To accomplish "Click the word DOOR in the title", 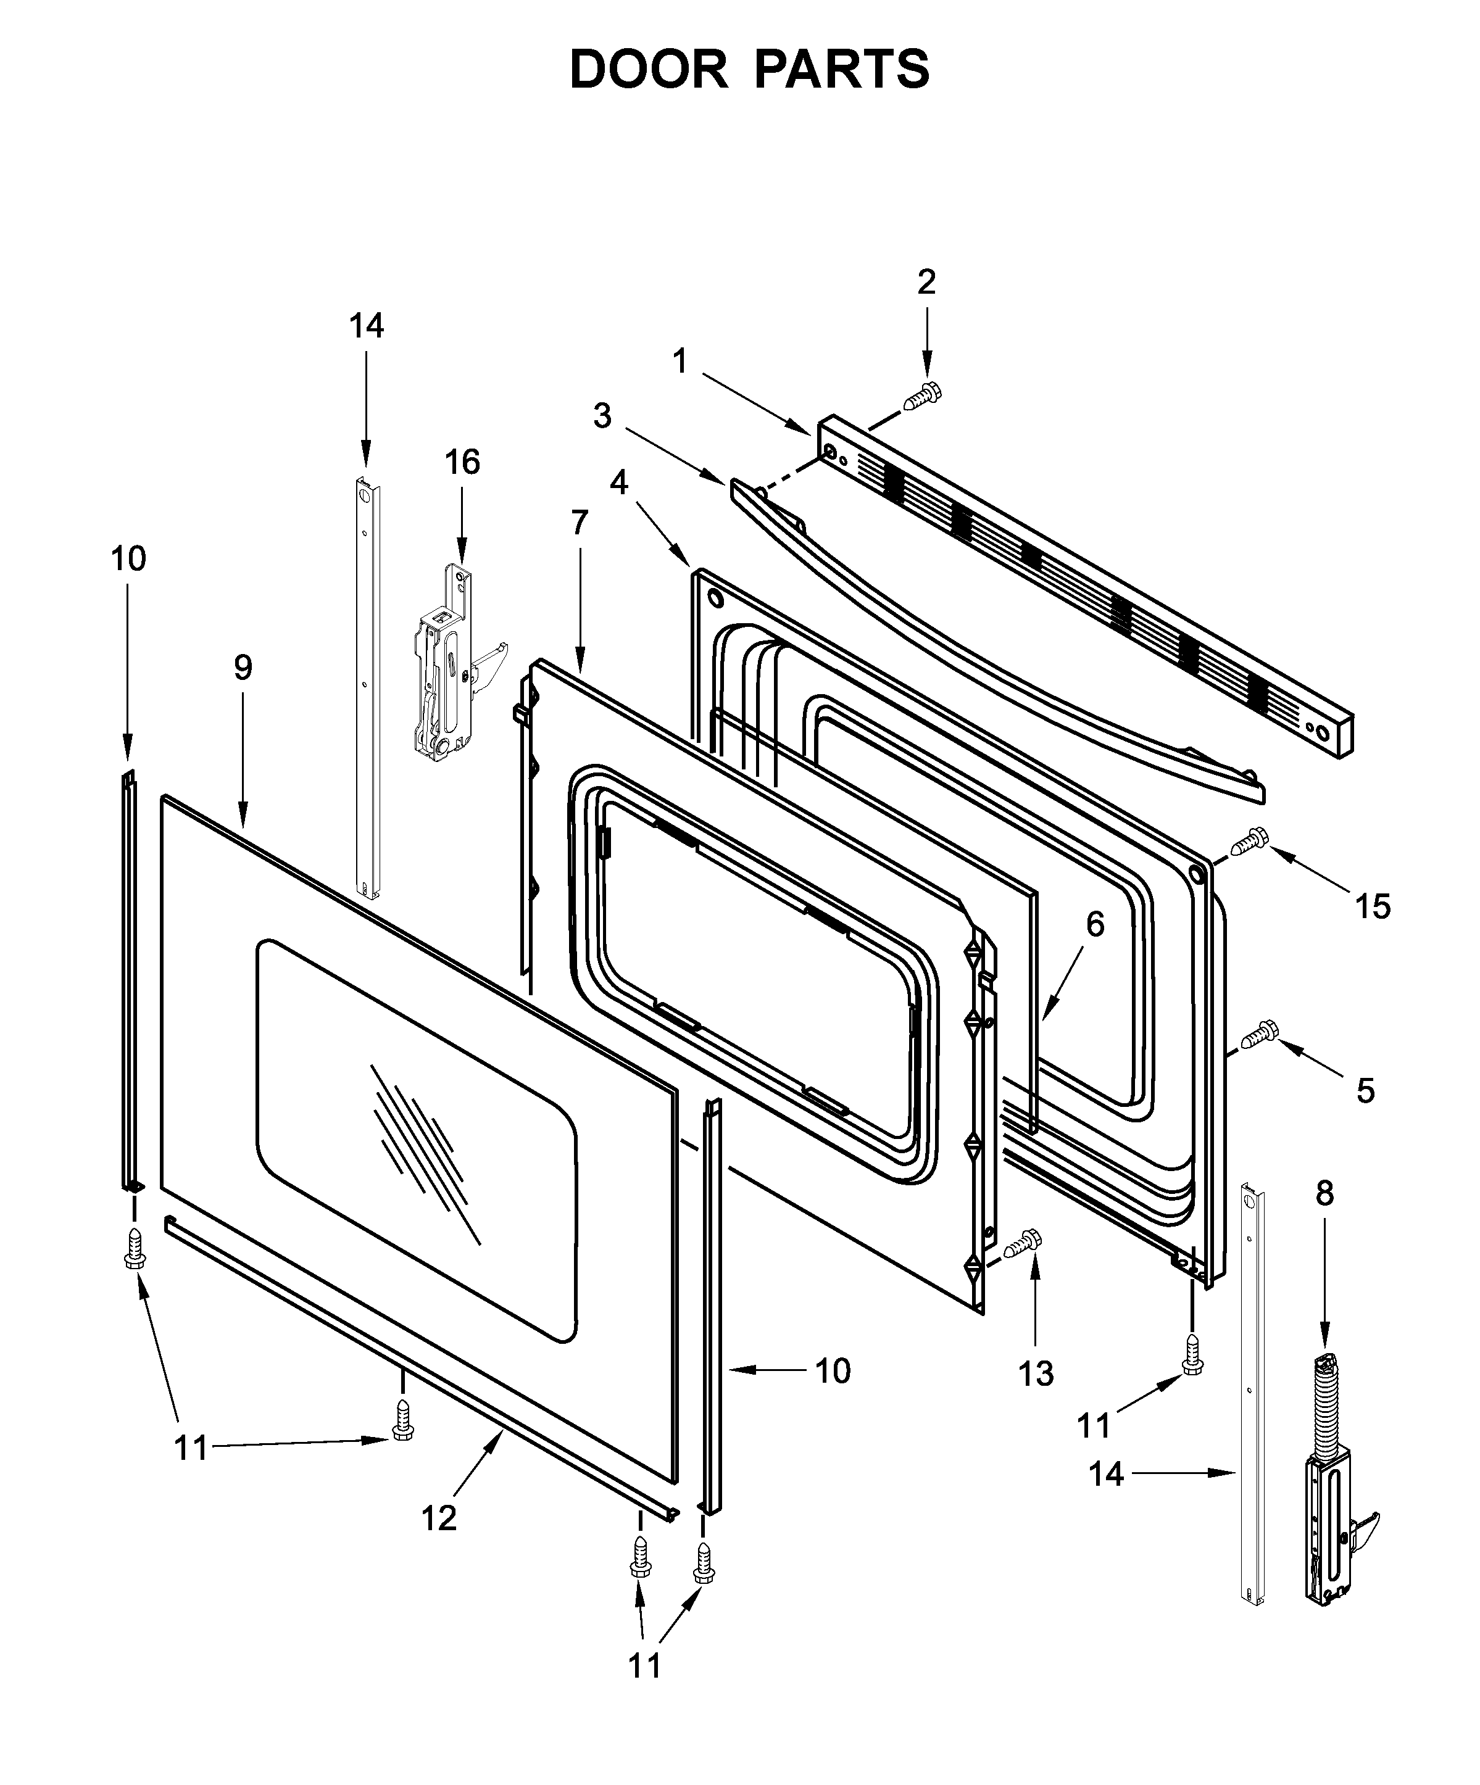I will (x=648, y=70).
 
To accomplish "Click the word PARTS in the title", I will (x=842, y=70).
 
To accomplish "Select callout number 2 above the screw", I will (x=926, y=281).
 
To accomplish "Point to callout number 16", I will (x=462, y=462).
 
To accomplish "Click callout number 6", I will (x=1095, y=924).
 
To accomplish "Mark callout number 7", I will (x=579, y=522).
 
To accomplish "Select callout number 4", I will (x=619, y=482).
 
